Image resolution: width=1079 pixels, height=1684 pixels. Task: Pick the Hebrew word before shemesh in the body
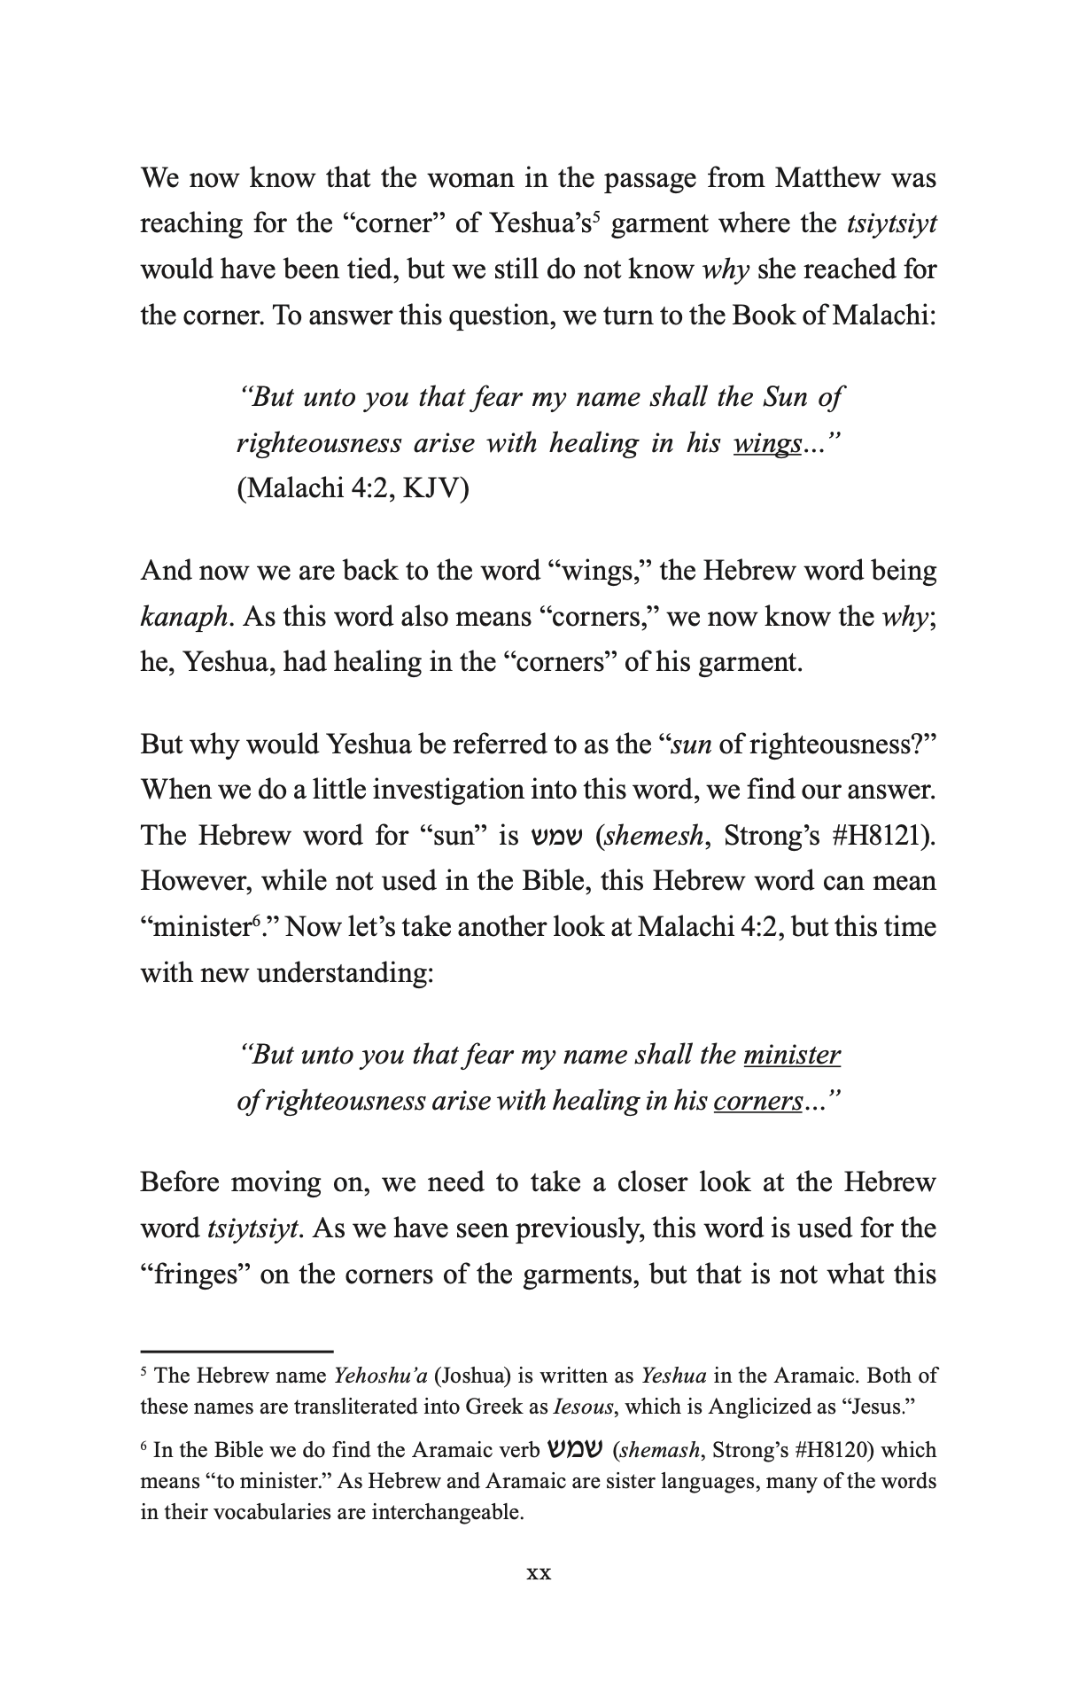(x=558, y=836)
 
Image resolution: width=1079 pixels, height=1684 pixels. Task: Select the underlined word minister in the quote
(x=792, y=1055)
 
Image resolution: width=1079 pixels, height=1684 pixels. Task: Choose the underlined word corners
(x=757, y=1101)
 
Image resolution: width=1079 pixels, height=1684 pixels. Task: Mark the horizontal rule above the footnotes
(x=237, y=1351)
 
